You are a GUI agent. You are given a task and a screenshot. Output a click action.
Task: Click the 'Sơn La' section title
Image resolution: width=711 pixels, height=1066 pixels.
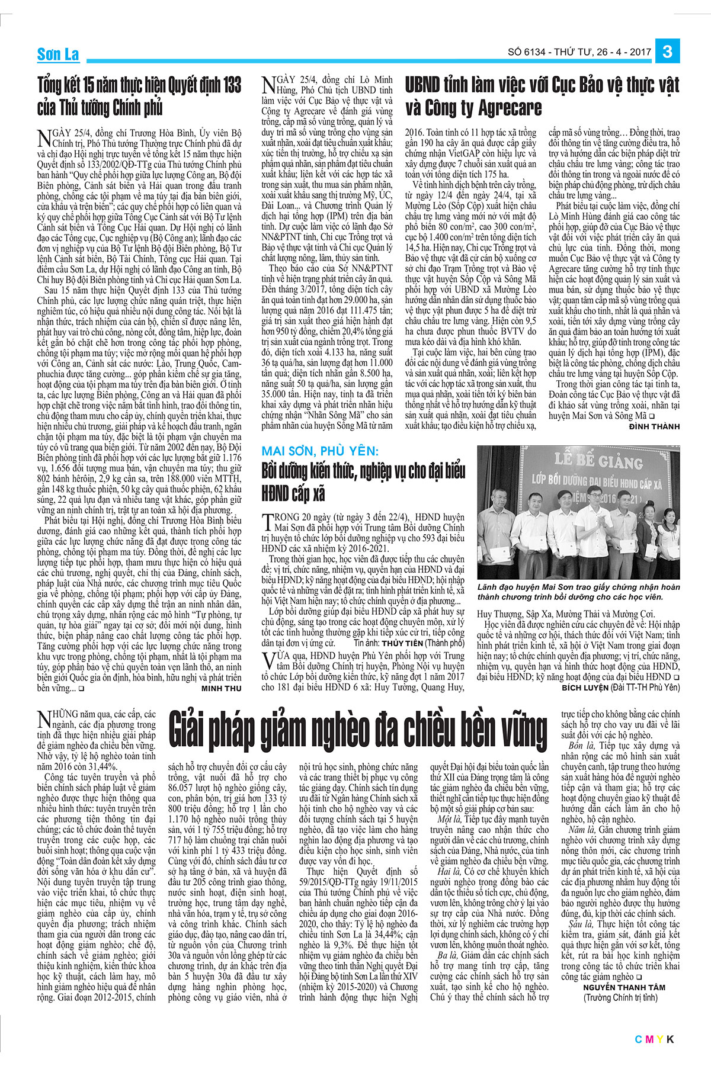point(58,54)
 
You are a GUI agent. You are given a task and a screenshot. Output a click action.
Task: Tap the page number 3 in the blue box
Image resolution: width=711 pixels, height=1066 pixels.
point(668,52)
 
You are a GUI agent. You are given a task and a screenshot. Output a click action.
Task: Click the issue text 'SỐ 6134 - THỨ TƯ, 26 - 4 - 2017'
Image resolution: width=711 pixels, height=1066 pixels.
point(579,52)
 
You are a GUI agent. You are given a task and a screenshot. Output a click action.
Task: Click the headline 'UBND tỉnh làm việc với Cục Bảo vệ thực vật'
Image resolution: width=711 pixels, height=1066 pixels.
point(542,85)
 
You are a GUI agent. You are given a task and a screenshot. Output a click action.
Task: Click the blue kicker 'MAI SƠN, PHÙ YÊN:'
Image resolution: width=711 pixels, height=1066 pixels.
point(320,451)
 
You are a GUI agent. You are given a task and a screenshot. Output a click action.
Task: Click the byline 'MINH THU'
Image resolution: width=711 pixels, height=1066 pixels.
point(222,689)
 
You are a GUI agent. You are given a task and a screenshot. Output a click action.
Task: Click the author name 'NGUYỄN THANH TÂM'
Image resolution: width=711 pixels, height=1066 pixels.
point(624,987)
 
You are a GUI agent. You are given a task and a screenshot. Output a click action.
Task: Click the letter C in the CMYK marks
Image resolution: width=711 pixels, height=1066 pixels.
point(639,1039)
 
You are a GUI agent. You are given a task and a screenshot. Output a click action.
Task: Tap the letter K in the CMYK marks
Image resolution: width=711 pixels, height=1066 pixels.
point(671,1039)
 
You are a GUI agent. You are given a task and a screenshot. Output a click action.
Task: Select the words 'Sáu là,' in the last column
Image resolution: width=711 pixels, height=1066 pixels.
point(578,924)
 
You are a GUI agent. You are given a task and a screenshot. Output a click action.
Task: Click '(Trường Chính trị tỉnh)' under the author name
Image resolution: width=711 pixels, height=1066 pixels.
point(621,998)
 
